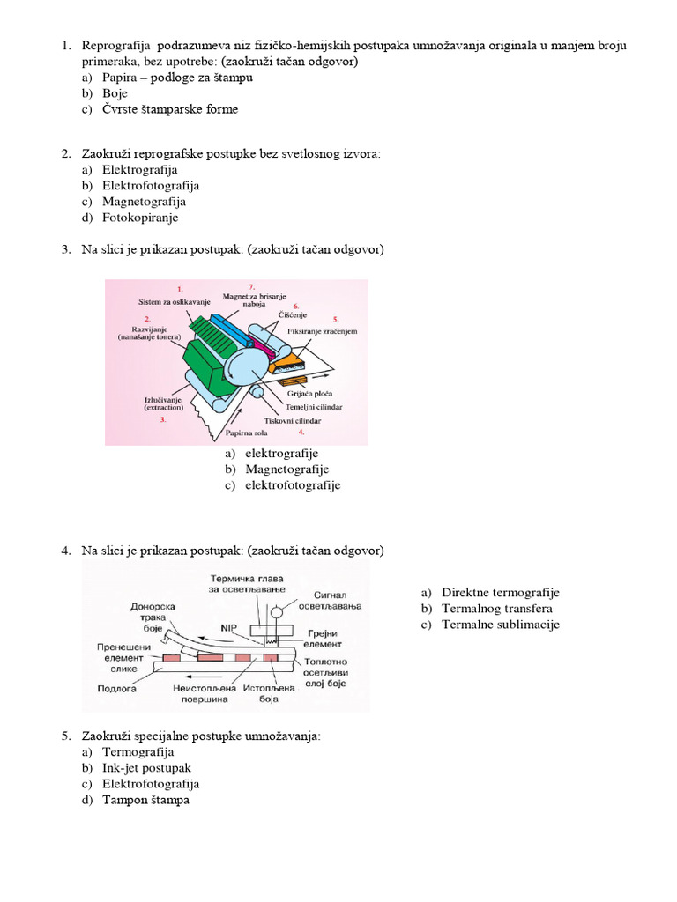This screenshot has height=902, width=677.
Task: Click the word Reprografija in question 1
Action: tap(116, 45)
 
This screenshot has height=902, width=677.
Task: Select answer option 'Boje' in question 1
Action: tap(115, 93)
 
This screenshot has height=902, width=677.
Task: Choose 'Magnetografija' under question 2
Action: tap(144, 202)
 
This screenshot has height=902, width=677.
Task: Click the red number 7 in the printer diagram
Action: tap(251, 287)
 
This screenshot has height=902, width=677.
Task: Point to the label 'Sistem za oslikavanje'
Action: tap(175, 302)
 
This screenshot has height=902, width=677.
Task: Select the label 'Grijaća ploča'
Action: tap(308, 394)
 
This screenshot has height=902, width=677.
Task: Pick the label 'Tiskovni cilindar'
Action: tap(290, 421)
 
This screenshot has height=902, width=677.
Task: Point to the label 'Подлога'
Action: tap(115, 689)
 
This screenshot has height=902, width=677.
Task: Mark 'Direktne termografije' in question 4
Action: tap(500, 593)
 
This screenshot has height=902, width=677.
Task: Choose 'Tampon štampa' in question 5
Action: tap(145, 800)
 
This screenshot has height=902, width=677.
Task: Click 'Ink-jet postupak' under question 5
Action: tap(146, 768)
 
